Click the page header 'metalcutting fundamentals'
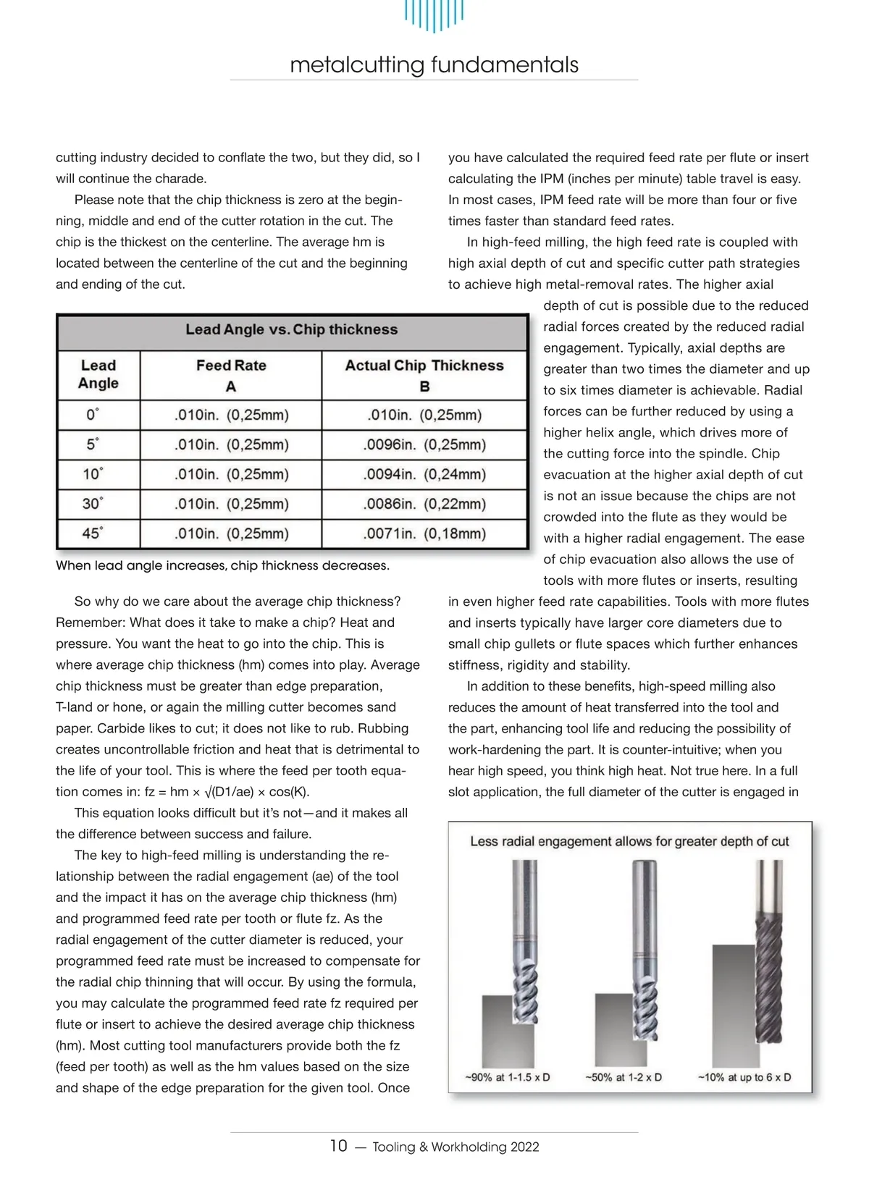tap(434, 65)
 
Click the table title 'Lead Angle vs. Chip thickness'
tap(291, 329)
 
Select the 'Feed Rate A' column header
tap(231, 375)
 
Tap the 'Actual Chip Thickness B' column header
tap(424, 375)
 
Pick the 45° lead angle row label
tap(92, 533)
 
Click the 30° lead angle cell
tap(92, 504)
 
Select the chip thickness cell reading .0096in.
tap(424, 444)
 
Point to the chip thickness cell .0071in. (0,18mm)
tap(424, 533)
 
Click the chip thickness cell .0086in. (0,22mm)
tap(424, 504)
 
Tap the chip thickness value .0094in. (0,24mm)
tap(424, 474)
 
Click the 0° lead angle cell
tap(92, 415)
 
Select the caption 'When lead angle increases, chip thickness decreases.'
tap(222, 565)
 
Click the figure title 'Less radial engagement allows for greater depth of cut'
tap(629, 841)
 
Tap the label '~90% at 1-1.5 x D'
tap(507, 1077)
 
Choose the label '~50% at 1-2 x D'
tap(624, 1077)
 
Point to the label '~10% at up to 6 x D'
tap(744, 1077)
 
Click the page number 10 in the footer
tap(338, 1146)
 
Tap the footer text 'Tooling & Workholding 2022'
tap(456, 1147)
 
